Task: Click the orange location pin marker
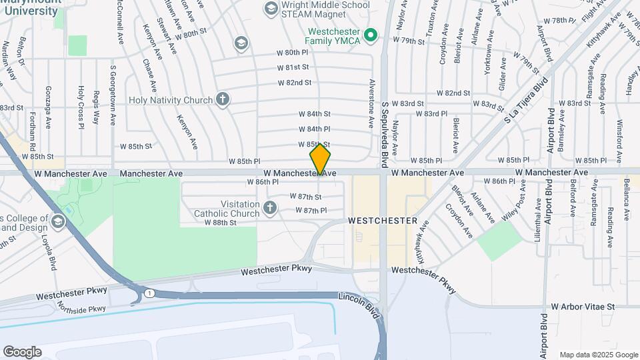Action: pyautogui.click(x=320, y=159)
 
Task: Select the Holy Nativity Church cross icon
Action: pyautogui.click(x=223, y=100)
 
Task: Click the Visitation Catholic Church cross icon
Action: pyautogui.click(x=270, y=209)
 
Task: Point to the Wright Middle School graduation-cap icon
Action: pyautogui.click(x=271, y=9)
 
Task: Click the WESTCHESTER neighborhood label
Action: pyautogui.click(x=383, y=220)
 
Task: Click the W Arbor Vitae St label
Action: pyautogui.click(x=582, y=306)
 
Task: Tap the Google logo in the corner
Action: pyautogui.click(x=22, y=351)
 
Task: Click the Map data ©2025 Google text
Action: pyautogui.click(x=599, y=355)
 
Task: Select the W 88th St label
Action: pyautogui.click(x=220, y=223)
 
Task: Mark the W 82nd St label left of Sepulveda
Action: pyautogui.click(x=295, y=83)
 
